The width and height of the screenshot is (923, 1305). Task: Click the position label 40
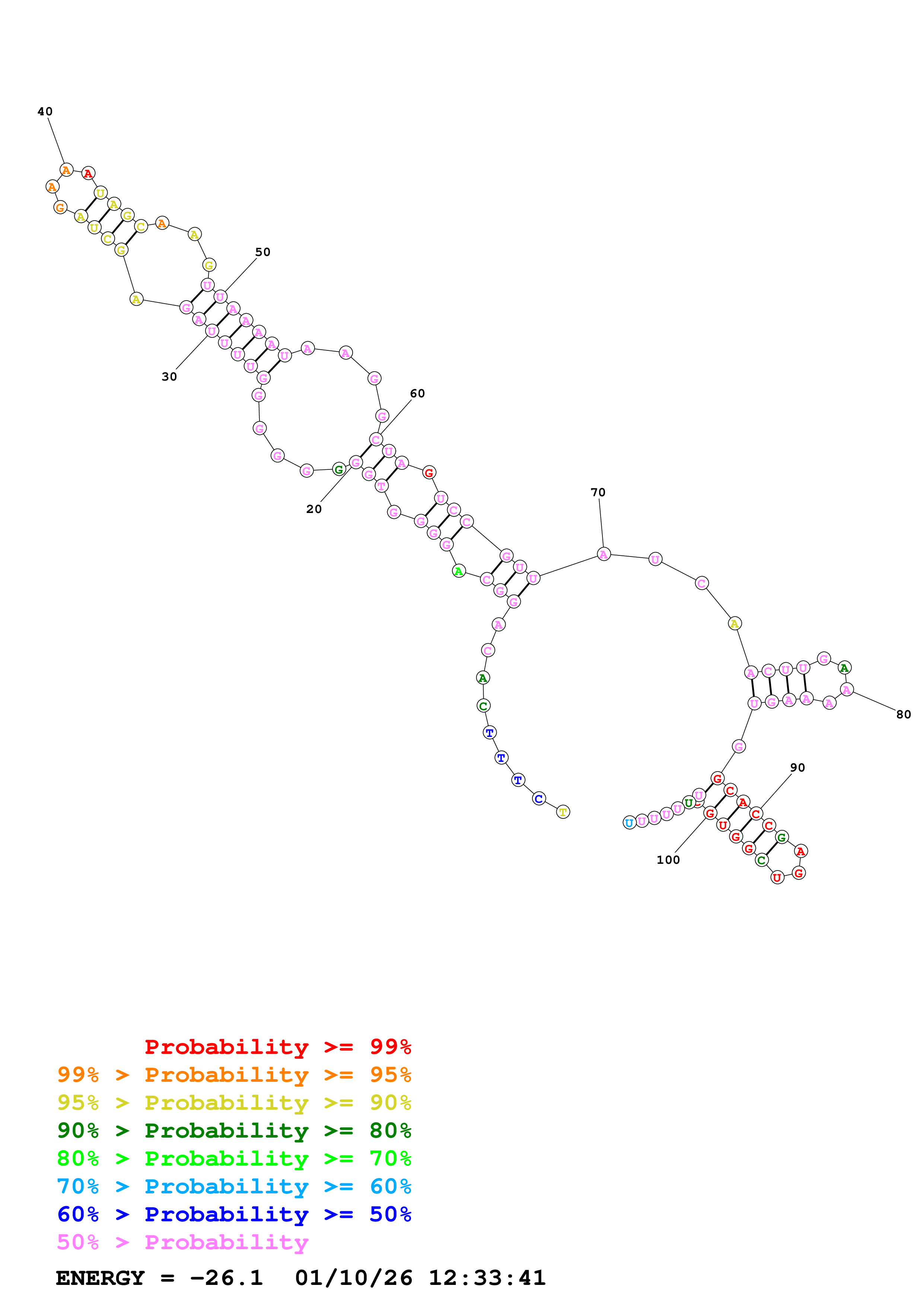pos(45,111)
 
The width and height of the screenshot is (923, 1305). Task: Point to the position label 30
pos(169,376)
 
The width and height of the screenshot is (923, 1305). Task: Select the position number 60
pos(417,393)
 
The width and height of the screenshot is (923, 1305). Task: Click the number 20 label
pos(313,509)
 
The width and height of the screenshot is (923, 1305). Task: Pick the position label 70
pos(598,492)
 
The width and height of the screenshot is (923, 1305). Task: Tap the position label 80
pos(903,715)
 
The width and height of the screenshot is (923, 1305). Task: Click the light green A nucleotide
pos(458,571)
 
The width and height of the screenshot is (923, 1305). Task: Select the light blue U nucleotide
pos(629,823)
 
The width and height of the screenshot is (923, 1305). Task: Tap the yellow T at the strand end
pos(563,812)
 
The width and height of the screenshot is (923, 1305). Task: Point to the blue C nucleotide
pos(538,799)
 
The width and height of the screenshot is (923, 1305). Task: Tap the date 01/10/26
pos(353,1278)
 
